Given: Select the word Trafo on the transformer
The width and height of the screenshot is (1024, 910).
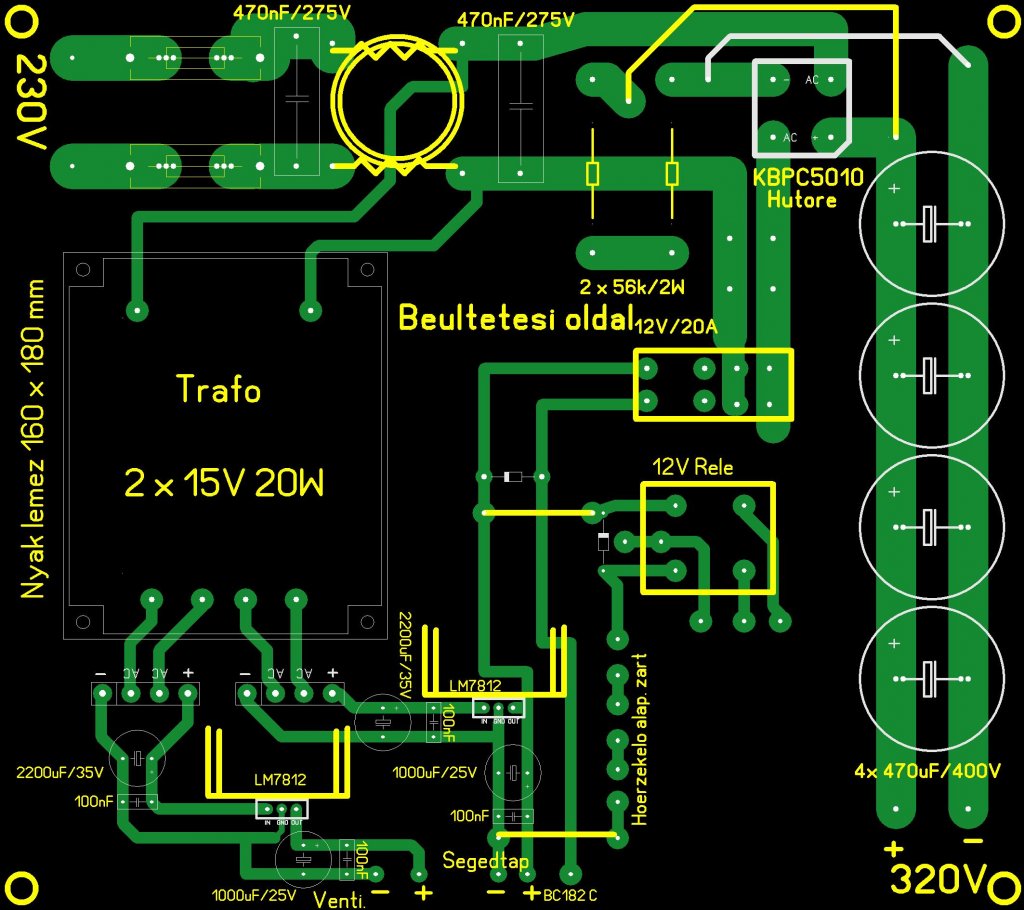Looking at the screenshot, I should coord(218,388).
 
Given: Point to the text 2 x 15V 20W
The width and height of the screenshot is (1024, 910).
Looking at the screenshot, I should coord(224,484).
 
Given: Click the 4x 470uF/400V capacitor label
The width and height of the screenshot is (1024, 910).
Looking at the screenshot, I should coord(927,772).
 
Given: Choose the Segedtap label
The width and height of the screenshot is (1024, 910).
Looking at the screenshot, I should coord(486,861).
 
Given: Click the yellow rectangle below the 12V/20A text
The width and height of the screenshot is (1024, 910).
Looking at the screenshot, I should coord(713,385).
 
